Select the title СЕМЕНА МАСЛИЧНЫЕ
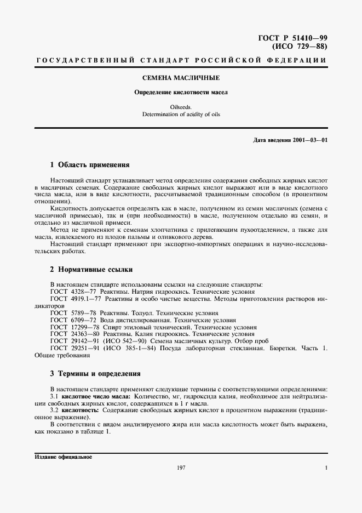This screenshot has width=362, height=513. pos(181,78)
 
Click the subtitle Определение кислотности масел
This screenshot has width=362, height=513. pos(181,93)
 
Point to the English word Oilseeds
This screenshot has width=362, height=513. pos(181,107)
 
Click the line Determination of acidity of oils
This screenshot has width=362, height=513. pos(181,115)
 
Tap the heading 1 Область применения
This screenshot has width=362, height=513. pos(89,164)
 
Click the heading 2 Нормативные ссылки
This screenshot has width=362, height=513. pos(91,270)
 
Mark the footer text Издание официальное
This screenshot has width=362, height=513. pos(64,457)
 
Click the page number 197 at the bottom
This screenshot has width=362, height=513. pos(181,468)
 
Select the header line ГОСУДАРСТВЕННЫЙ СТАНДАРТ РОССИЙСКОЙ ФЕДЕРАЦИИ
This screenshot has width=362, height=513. pos(181,59)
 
